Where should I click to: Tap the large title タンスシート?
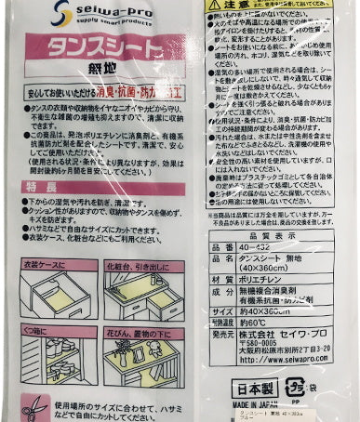103,48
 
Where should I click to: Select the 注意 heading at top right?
239,6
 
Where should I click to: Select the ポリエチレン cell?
264,278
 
